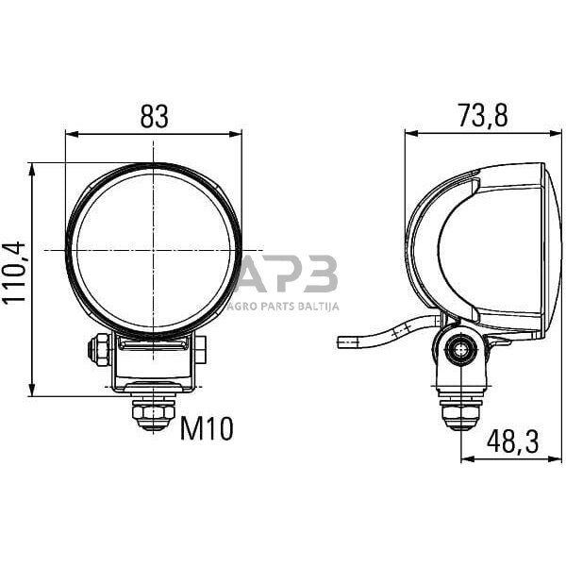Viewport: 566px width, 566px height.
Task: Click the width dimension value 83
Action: pos(154,116)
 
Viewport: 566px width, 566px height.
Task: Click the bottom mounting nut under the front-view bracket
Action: pos(154,413)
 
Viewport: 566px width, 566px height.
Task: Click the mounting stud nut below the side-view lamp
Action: pos(461,413)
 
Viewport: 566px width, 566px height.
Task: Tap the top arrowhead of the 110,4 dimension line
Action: pos(32,168)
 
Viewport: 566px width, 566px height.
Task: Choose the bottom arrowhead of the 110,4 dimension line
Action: pos(32,391)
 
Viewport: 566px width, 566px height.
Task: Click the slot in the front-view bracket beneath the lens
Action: pos(153,347)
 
